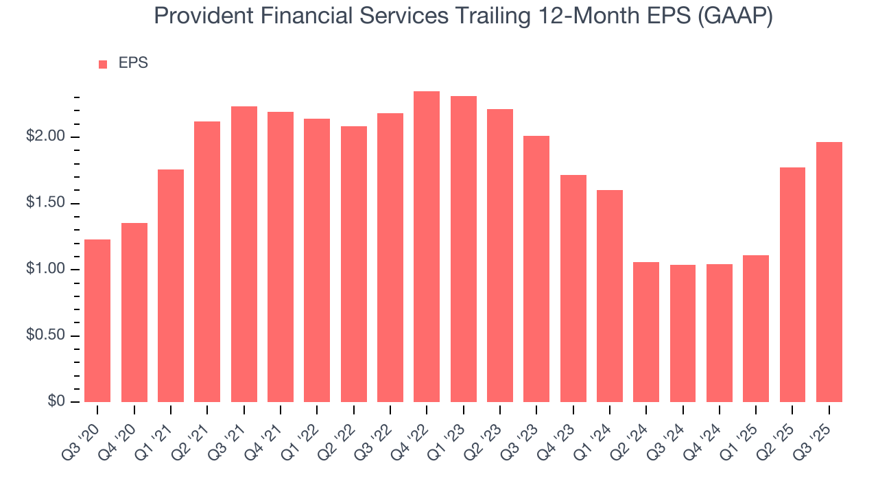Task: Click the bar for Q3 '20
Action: tap(97, 320)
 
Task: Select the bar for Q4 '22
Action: tap(427, 246)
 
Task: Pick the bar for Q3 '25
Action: tap(829, 272)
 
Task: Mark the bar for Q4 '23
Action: tap(573, 288)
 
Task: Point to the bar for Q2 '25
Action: tap(792, 285)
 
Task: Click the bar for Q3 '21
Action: tap(244, 254)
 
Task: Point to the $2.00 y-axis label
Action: tap(46, 137)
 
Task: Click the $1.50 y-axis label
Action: tap(46, 204)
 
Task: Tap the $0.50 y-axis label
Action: tap(46, 336)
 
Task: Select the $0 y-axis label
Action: tap(56, 402)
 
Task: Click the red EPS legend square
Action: tap(103, 64)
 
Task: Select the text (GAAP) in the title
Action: tap(735, 16)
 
